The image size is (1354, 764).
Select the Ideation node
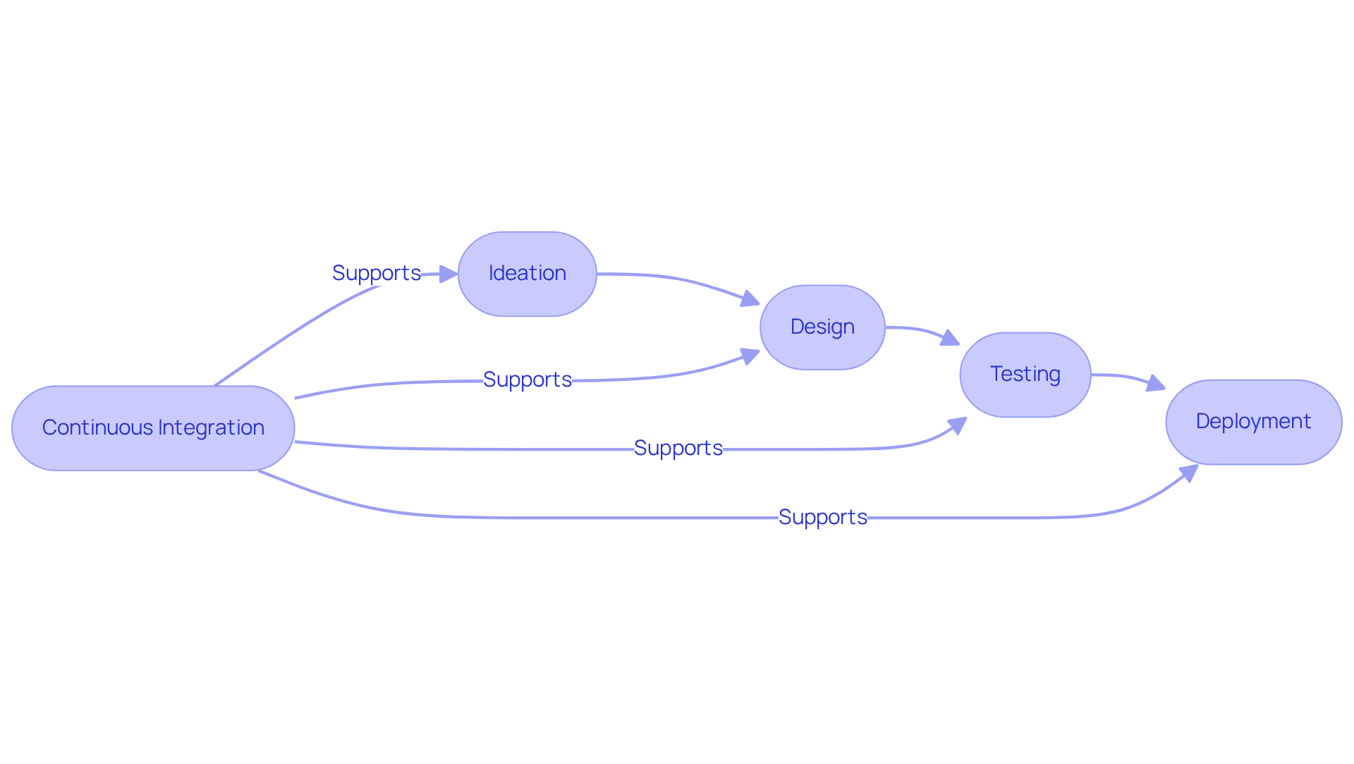pyautogui.click(x=527, y=274)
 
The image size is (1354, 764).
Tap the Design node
pyautogui.click(x=822, y=327)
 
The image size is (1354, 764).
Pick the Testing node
pyautogui.click(x=1025, y=375)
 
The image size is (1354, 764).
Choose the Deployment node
pyautogui.click(x=1253, y=422)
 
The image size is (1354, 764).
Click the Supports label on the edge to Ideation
pyautogui.click(x=376, y=273)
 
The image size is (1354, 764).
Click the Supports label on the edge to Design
pyautogui.click(x=527, y=380)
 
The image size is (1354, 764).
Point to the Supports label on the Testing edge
pyautogui.click(x=678, y=448)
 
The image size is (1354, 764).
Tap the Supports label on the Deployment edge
pyautogui.click(x=822, y=517)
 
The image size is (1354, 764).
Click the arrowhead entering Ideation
pyautogui.click(x=449, y=274)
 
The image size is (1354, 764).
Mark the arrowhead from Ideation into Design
pyautogui.click(x=750, y=299)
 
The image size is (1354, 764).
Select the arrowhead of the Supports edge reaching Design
pyautogui.click(x=750, y=356)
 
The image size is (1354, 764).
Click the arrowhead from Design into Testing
pyautogui.click(x=950, y=339)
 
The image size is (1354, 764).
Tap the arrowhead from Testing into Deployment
pyautogui.click(x=1156, y=384)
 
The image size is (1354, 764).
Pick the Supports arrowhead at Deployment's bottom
pyautogui.click(x=1189, y=473)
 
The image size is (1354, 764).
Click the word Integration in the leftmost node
pyautogui.click(x=211, y=428)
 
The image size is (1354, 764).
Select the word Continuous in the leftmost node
pyautogui.click(x=97, y=428)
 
